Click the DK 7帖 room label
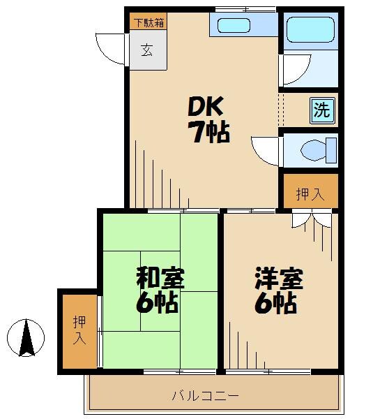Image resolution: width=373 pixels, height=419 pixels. coord(207,119)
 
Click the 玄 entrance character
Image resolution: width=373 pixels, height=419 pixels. coord(147,50)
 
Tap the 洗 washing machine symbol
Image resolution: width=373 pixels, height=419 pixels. coord(321,110)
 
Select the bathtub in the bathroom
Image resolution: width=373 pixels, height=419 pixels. coord(310,30)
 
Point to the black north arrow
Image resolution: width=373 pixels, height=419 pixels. coord(26,338)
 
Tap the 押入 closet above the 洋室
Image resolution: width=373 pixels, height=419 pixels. coord(310,194)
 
